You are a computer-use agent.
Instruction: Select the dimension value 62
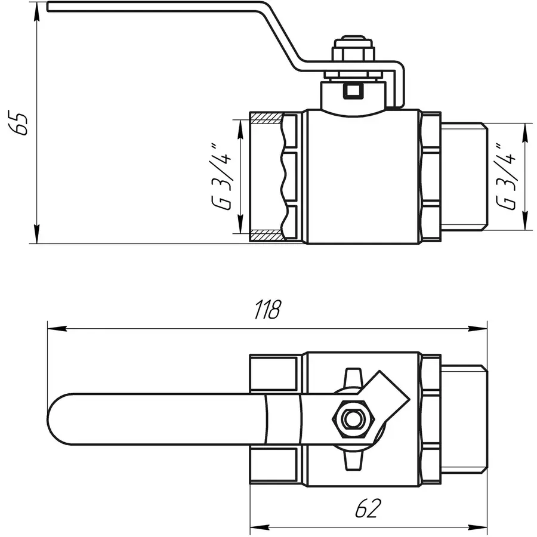[x=368, y=509]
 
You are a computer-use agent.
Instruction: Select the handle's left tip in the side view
[x=51, y=7]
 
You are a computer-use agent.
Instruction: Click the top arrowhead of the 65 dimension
[x=37, y=12]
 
